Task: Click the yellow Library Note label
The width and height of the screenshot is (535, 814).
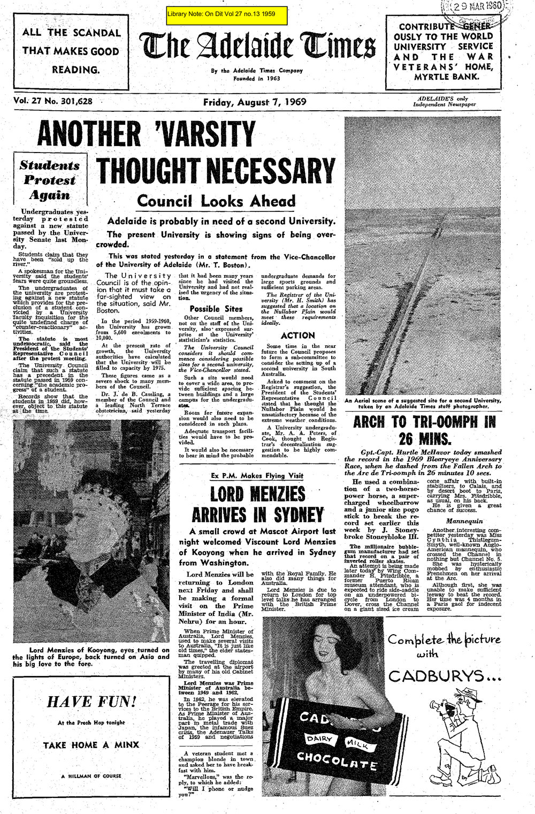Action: pyautogui.click(x=227, y=15)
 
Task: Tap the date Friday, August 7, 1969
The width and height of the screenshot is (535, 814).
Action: pyautogui.click(x=254, y=103)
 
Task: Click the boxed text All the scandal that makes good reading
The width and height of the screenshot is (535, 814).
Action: pyautogui.click(x=72, y=51)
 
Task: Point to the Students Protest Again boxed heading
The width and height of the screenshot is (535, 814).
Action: pyautogui.click(x=50, y=180)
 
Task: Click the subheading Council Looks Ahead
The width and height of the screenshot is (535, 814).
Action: pyautogui.click(x=216, y=201)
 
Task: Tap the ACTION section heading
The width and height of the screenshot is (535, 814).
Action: pyautogui.click(x=297, y=336)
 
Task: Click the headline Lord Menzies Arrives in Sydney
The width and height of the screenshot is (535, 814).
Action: pyautogui.click(x=257, y=504)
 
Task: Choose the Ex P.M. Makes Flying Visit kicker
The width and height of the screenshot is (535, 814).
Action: pyautogui.click(x=257, y=475)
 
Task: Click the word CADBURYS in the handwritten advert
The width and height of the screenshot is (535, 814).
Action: pyautogui.click(x=442, y=676)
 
